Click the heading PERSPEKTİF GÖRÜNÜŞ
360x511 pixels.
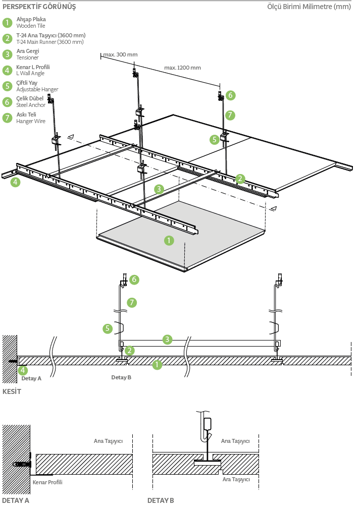39,7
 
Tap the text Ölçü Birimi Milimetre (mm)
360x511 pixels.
308,7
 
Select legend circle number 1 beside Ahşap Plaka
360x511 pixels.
7,23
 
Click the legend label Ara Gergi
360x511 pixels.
28,51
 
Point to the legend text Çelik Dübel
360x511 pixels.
30,98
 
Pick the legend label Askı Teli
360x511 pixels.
26,115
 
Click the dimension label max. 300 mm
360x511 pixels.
120,54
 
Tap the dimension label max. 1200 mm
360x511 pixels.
182,68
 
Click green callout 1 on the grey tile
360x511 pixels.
169,241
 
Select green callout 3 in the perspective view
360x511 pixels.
159,189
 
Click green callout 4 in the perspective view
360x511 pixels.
16,182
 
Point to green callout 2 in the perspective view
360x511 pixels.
240,178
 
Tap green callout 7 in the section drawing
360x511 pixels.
132,303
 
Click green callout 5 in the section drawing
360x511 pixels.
108,328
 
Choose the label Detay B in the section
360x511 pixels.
121,377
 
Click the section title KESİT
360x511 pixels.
12,391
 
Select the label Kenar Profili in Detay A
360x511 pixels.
47,482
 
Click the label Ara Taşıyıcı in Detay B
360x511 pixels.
236,479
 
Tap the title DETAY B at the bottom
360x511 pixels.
161,501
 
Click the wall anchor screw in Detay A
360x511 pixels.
22,464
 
